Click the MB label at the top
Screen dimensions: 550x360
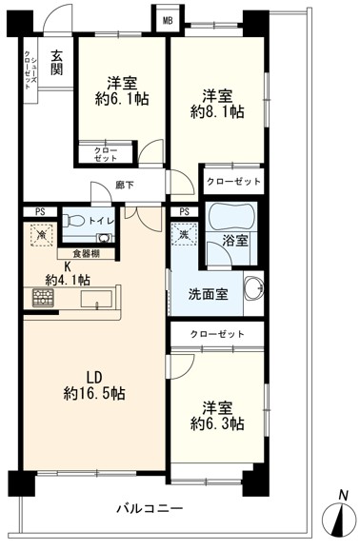pos(167,19)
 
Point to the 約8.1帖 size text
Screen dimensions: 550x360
pos(216,110)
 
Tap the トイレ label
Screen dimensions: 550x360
pos(104,223)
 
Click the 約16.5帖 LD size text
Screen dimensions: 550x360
pos(95,391)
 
